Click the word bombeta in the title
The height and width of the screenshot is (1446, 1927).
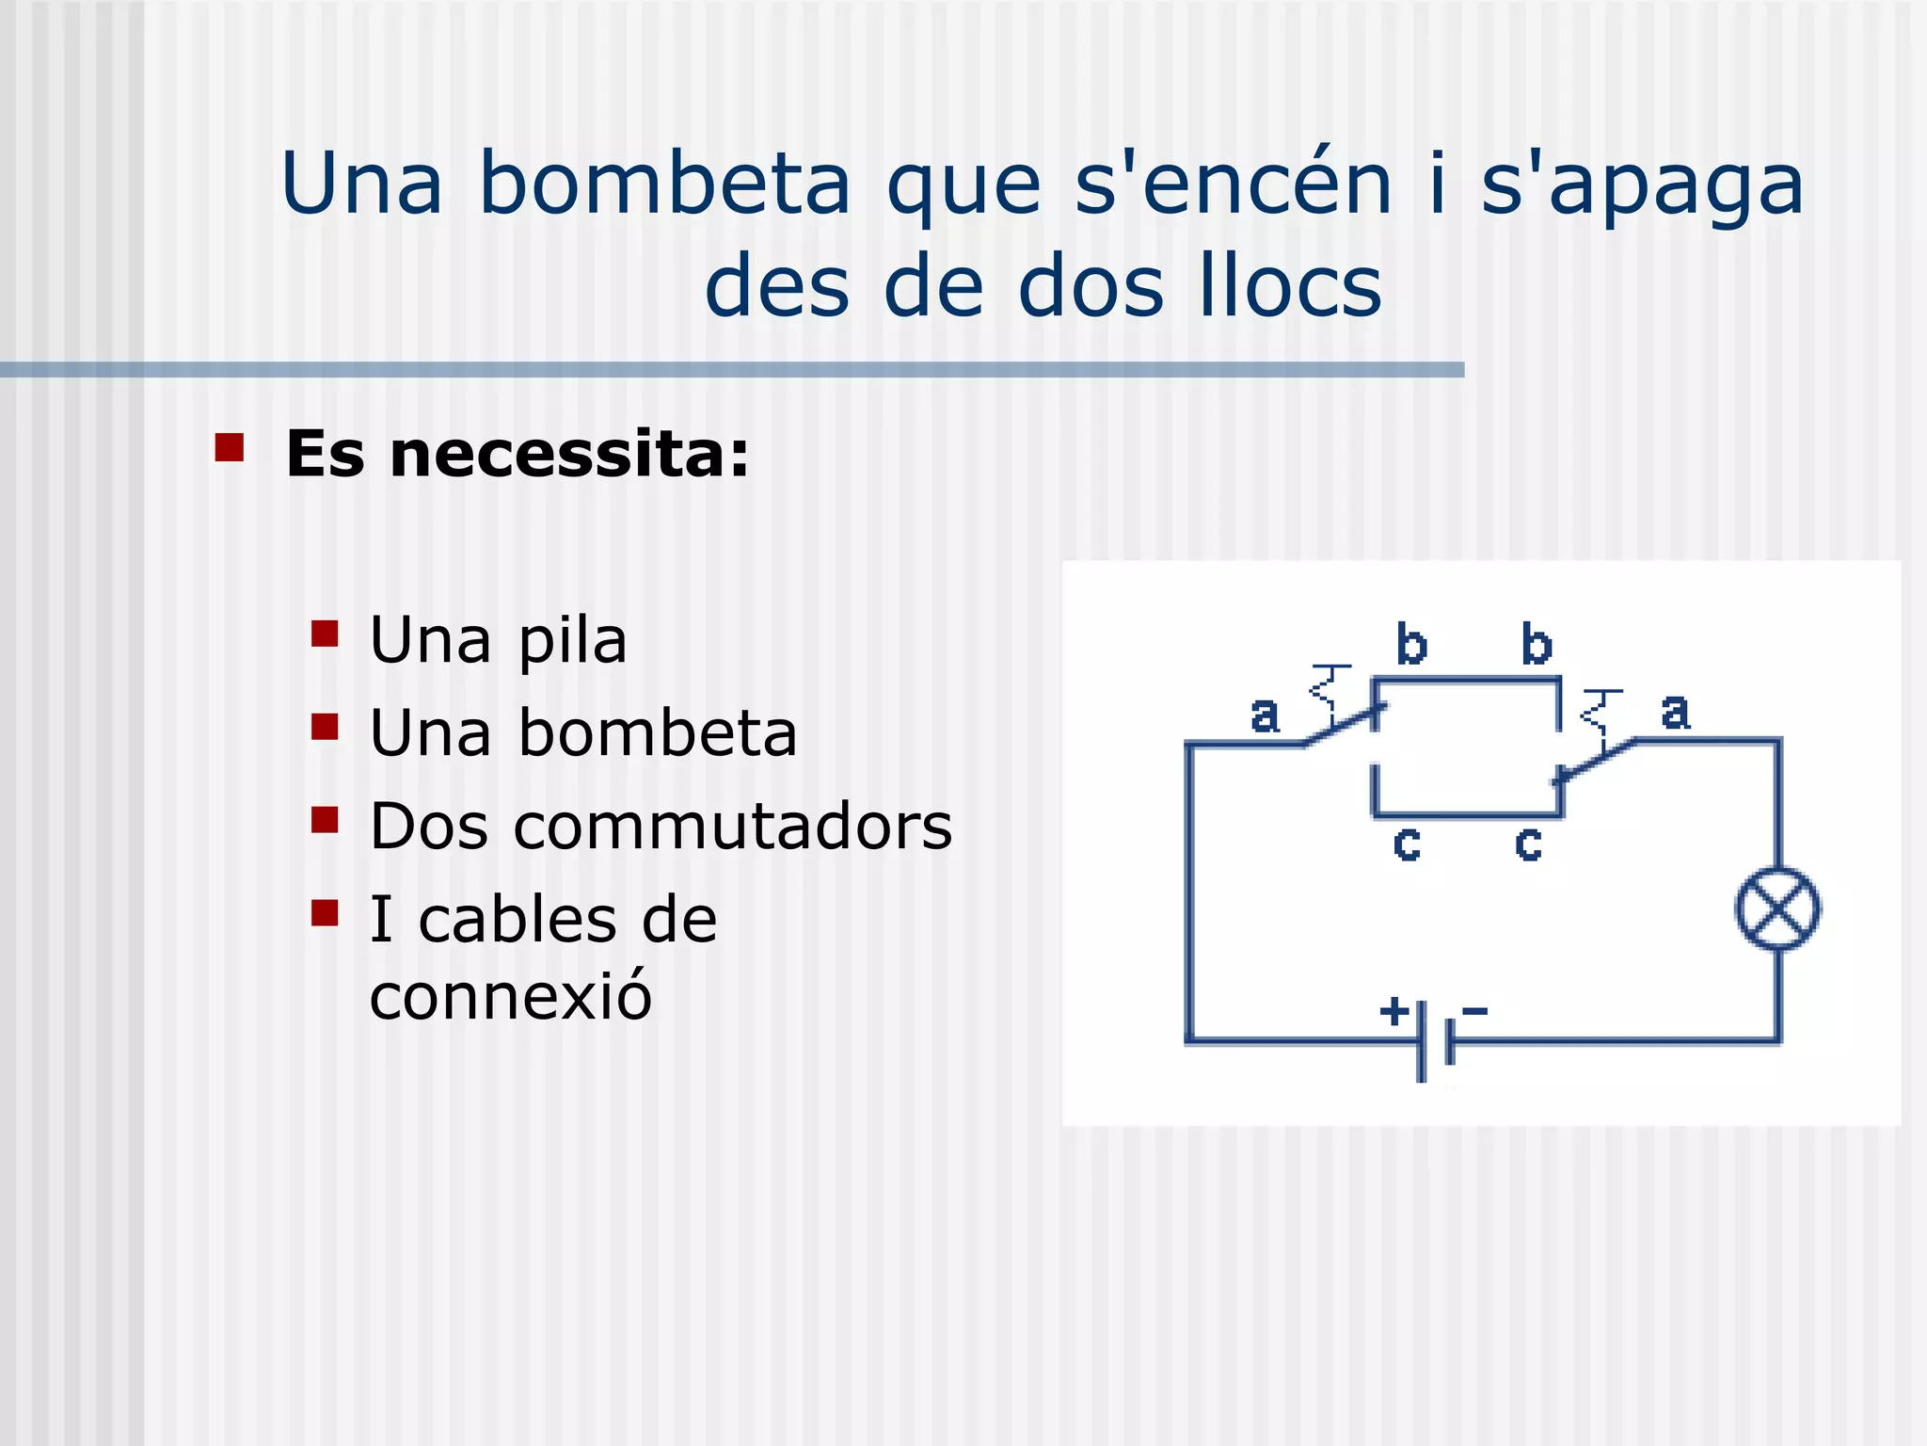pos(664,183)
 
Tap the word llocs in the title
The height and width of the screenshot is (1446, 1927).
pos(1291,285)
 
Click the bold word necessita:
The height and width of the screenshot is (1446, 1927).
pos(569,454)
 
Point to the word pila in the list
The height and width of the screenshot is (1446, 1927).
pos(572,642)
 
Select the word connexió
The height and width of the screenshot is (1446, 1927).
pos(510,995)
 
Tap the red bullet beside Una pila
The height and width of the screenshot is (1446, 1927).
pos(325,634)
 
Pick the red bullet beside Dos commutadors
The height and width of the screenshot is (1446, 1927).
pos(325,820)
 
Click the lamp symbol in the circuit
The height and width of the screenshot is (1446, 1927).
pos(1776,908)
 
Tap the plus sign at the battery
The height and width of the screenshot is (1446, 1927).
pos(1393,1011)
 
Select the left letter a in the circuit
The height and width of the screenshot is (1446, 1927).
pos(1265,715)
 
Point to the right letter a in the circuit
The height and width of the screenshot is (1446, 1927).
pos(1675,712)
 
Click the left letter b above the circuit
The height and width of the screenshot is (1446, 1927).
pos(1411,645)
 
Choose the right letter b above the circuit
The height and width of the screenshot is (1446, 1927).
pos(1537,645)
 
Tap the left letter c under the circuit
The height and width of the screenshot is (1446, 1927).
pos(1407,844)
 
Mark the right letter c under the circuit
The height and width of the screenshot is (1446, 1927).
pos(1528,844)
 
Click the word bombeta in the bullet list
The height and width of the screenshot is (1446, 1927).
pos(658,733)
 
